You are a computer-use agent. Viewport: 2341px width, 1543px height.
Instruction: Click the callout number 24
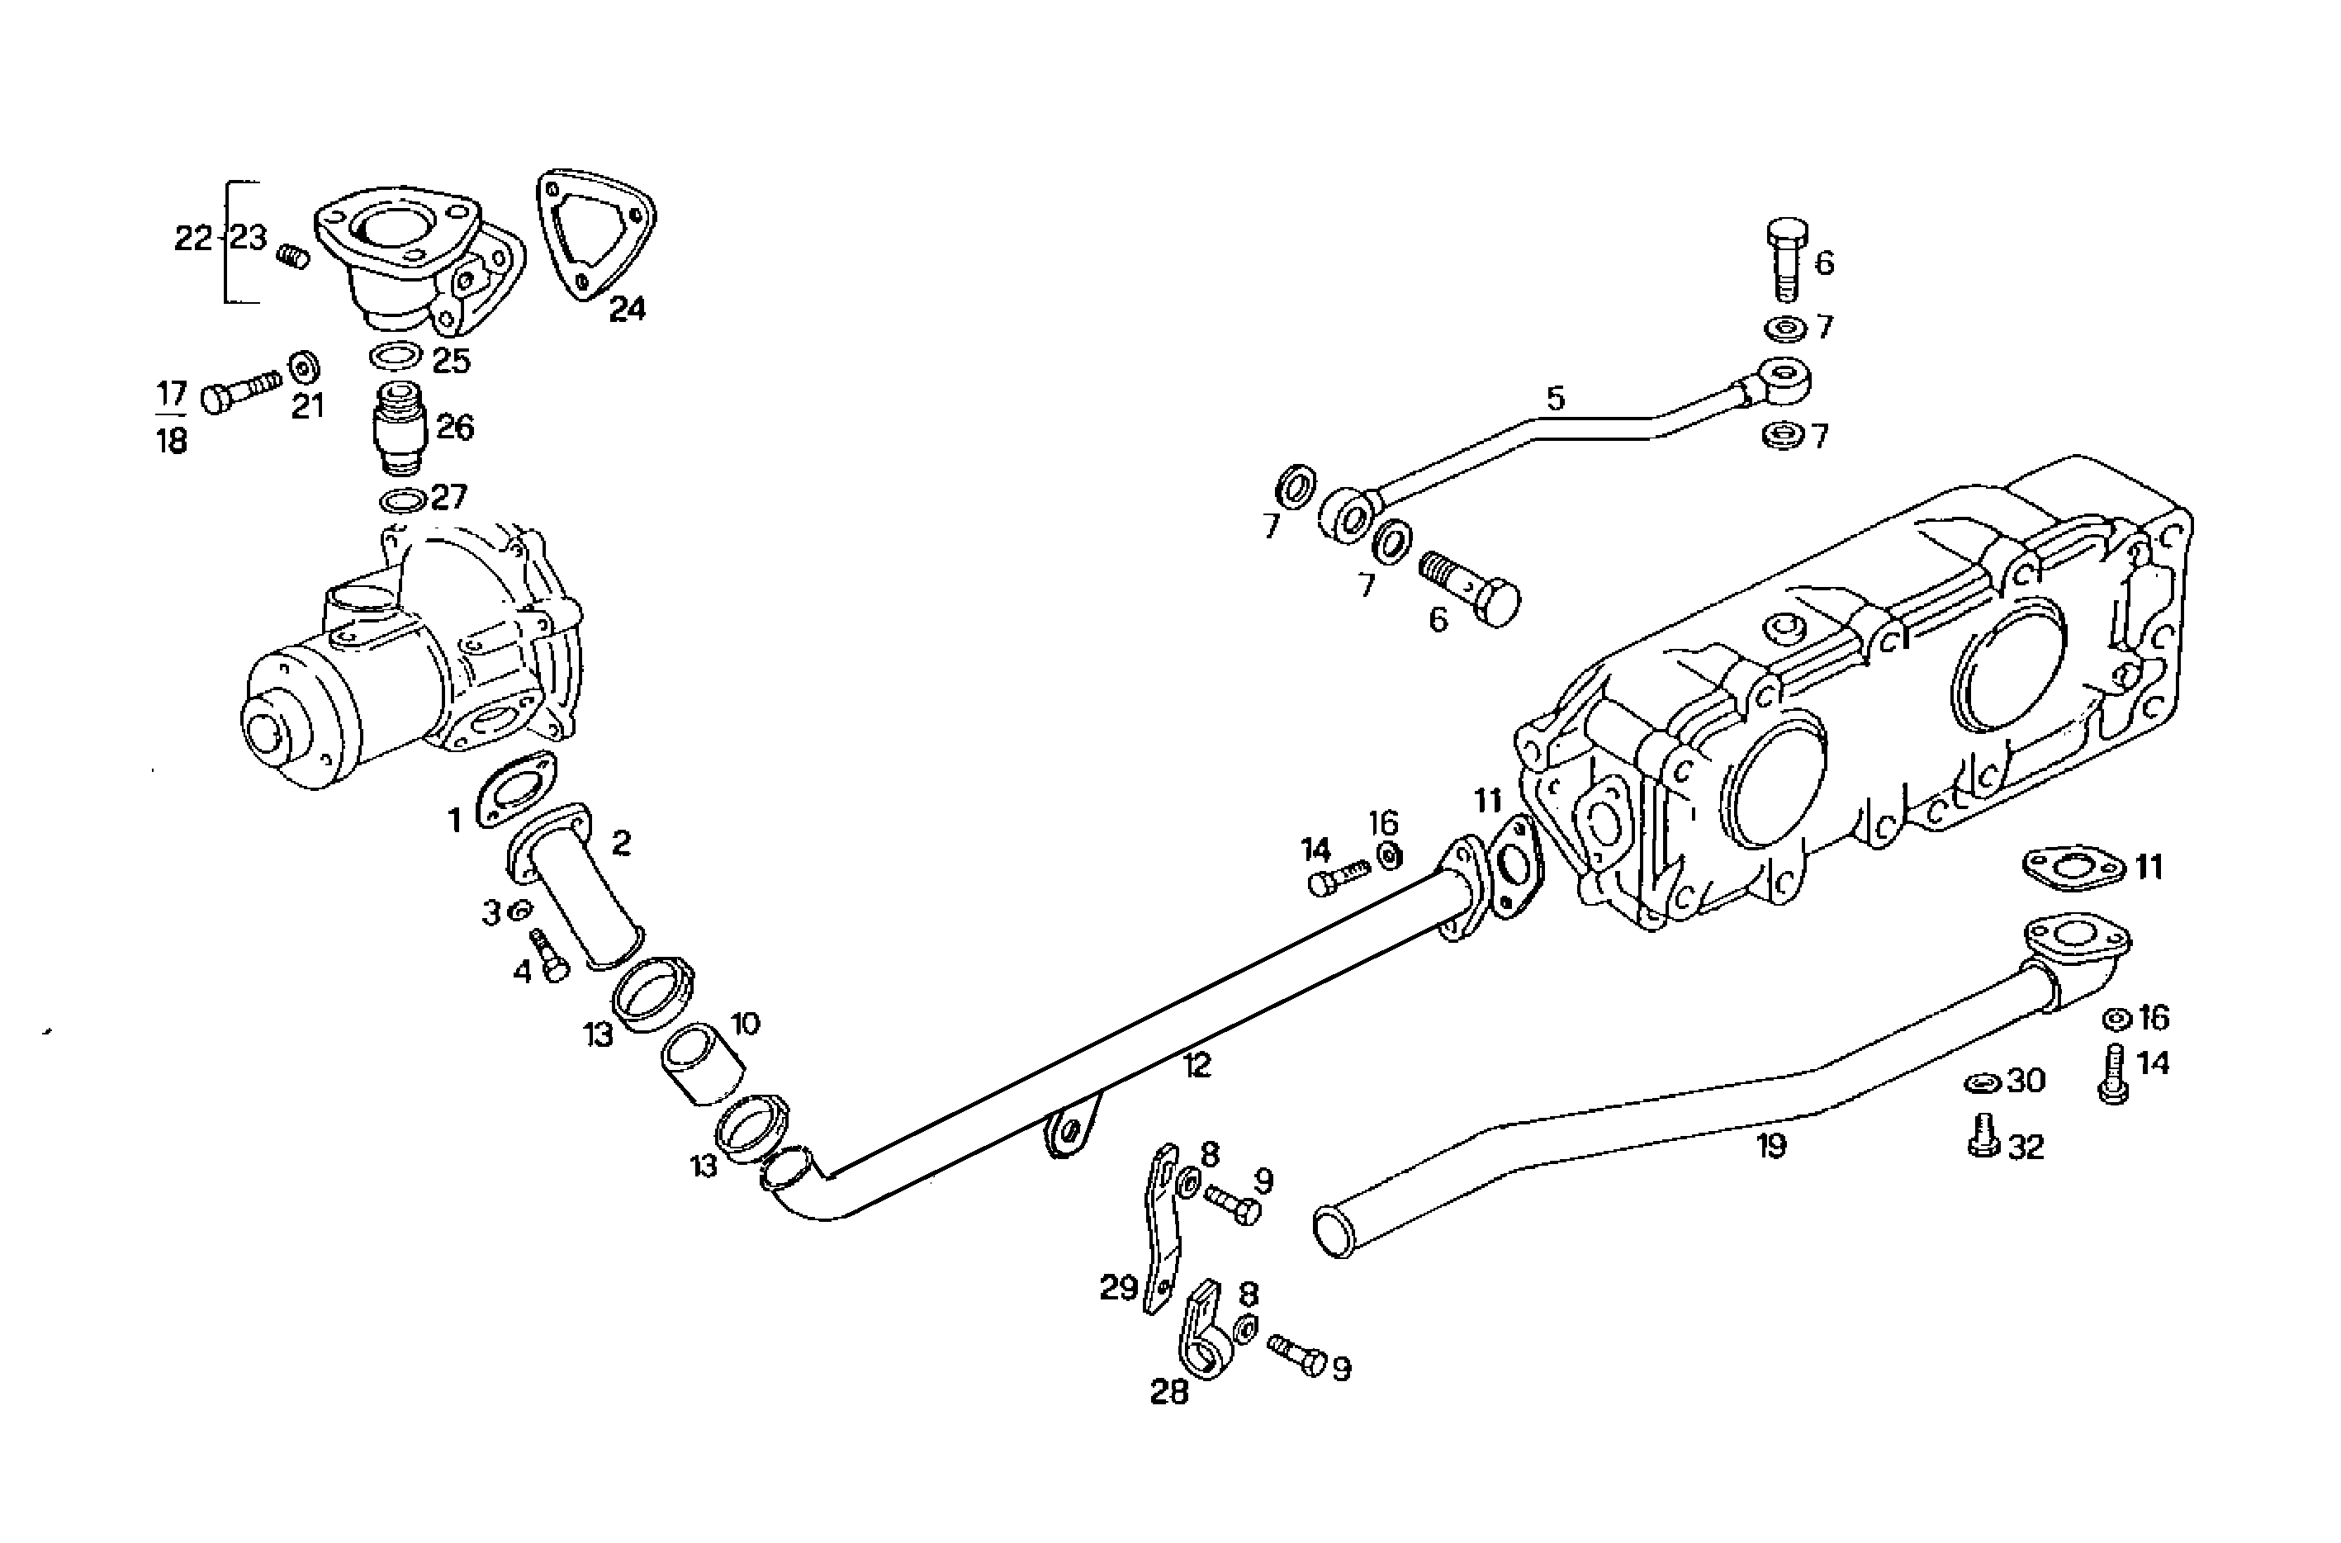pos(627,309)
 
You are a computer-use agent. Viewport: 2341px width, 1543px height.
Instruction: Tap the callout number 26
pos(456,427)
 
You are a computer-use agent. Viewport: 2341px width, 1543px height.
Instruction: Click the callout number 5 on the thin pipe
pos(1555,400)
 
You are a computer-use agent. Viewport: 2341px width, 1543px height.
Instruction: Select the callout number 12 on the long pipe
pos(1197,1066)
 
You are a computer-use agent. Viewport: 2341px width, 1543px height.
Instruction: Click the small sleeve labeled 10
pos(699,1066)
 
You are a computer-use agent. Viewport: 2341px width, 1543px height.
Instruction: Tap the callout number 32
pos(2026,1148)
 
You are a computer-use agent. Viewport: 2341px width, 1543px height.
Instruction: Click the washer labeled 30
pos(1981,1083)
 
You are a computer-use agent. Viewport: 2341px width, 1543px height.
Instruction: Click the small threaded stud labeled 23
pos(291,258)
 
